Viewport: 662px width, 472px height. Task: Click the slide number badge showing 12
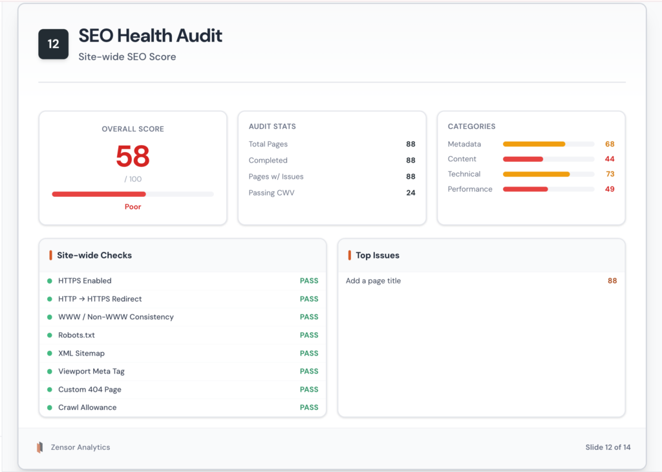(53, 44)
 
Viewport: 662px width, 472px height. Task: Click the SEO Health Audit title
(150, 36)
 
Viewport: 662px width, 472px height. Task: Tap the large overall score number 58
(133, 157)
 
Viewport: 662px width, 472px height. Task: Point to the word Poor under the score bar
(133, 207)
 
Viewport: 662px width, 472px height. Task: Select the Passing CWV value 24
(411, 193)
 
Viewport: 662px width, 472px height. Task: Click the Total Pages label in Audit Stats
(268, 144)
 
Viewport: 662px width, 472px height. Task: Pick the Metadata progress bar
(548, 144)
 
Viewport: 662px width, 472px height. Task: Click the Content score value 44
(610, 159)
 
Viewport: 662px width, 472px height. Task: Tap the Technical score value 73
(610, 174)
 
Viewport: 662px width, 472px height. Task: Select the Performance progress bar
(548, 189)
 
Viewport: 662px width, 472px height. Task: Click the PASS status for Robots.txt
(309, 335)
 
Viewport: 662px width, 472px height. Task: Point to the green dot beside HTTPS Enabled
(49, 281)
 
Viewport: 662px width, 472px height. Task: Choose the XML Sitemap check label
(81, 354)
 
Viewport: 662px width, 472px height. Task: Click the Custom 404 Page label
(89, 390)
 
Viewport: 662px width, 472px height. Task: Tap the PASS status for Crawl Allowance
(309, 408)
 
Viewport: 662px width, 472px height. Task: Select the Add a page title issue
(373, 281)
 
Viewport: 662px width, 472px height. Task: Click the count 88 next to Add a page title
(612, 281)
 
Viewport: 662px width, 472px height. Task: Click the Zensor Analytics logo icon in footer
(40, 447)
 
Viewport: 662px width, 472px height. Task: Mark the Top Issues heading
(377, 256)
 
